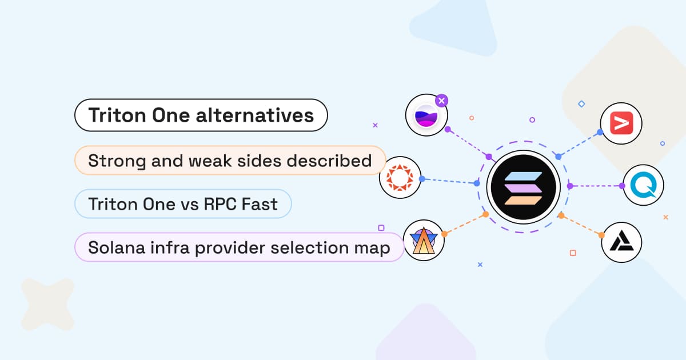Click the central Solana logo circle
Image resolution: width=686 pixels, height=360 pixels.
coord(524,187)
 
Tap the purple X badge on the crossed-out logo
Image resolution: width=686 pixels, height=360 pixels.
coord(441,101)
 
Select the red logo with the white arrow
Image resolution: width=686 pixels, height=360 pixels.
coord(621,123)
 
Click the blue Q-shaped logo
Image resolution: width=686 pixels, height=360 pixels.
coord(644,185)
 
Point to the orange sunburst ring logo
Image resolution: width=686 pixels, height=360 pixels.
coord(400,178)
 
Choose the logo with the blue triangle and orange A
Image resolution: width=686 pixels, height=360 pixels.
coord(424,241)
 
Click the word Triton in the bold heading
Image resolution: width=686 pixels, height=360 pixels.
coord(117,115)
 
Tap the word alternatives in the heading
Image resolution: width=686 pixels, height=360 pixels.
coord(255,115)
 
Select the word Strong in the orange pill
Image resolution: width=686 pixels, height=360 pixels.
coord(117,161)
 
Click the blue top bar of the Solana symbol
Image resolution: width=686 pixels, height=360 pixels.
coord(524,176)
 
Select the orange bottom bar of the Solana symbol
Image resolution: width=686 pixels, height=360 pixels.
coord(524,200)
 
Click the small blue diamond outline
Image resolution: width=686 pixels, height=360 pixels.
coord(581,104)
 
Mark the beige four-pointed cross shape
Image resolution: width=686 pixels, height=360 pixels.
coord(48,304)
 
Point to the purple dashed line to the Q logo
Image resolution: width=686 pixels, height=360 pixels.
coord(596,186)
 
